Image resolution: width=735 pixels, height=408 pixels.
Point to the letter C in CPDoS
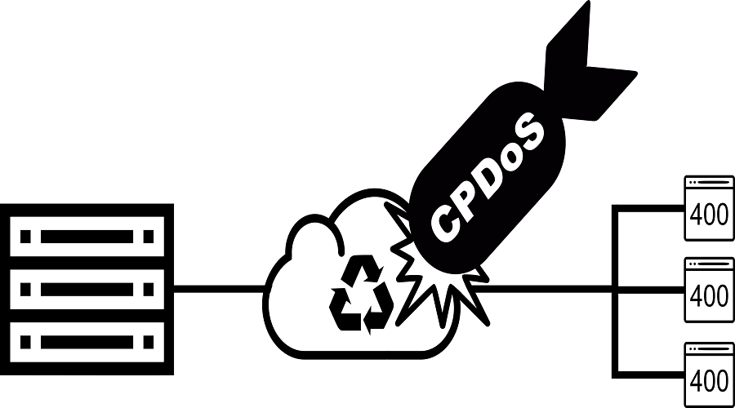pyautogui.click(x=445, y=218)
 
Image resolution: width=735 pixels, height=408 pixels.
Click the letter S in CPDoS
pyautogui.click(x=529, y=130)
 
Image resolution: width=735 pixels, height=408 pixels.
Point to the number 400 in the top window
pyautogui.click(x=709, y=215)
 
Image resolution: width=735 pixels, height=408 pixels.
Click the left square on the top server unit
pyautogui.click(x=25, y=237)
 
